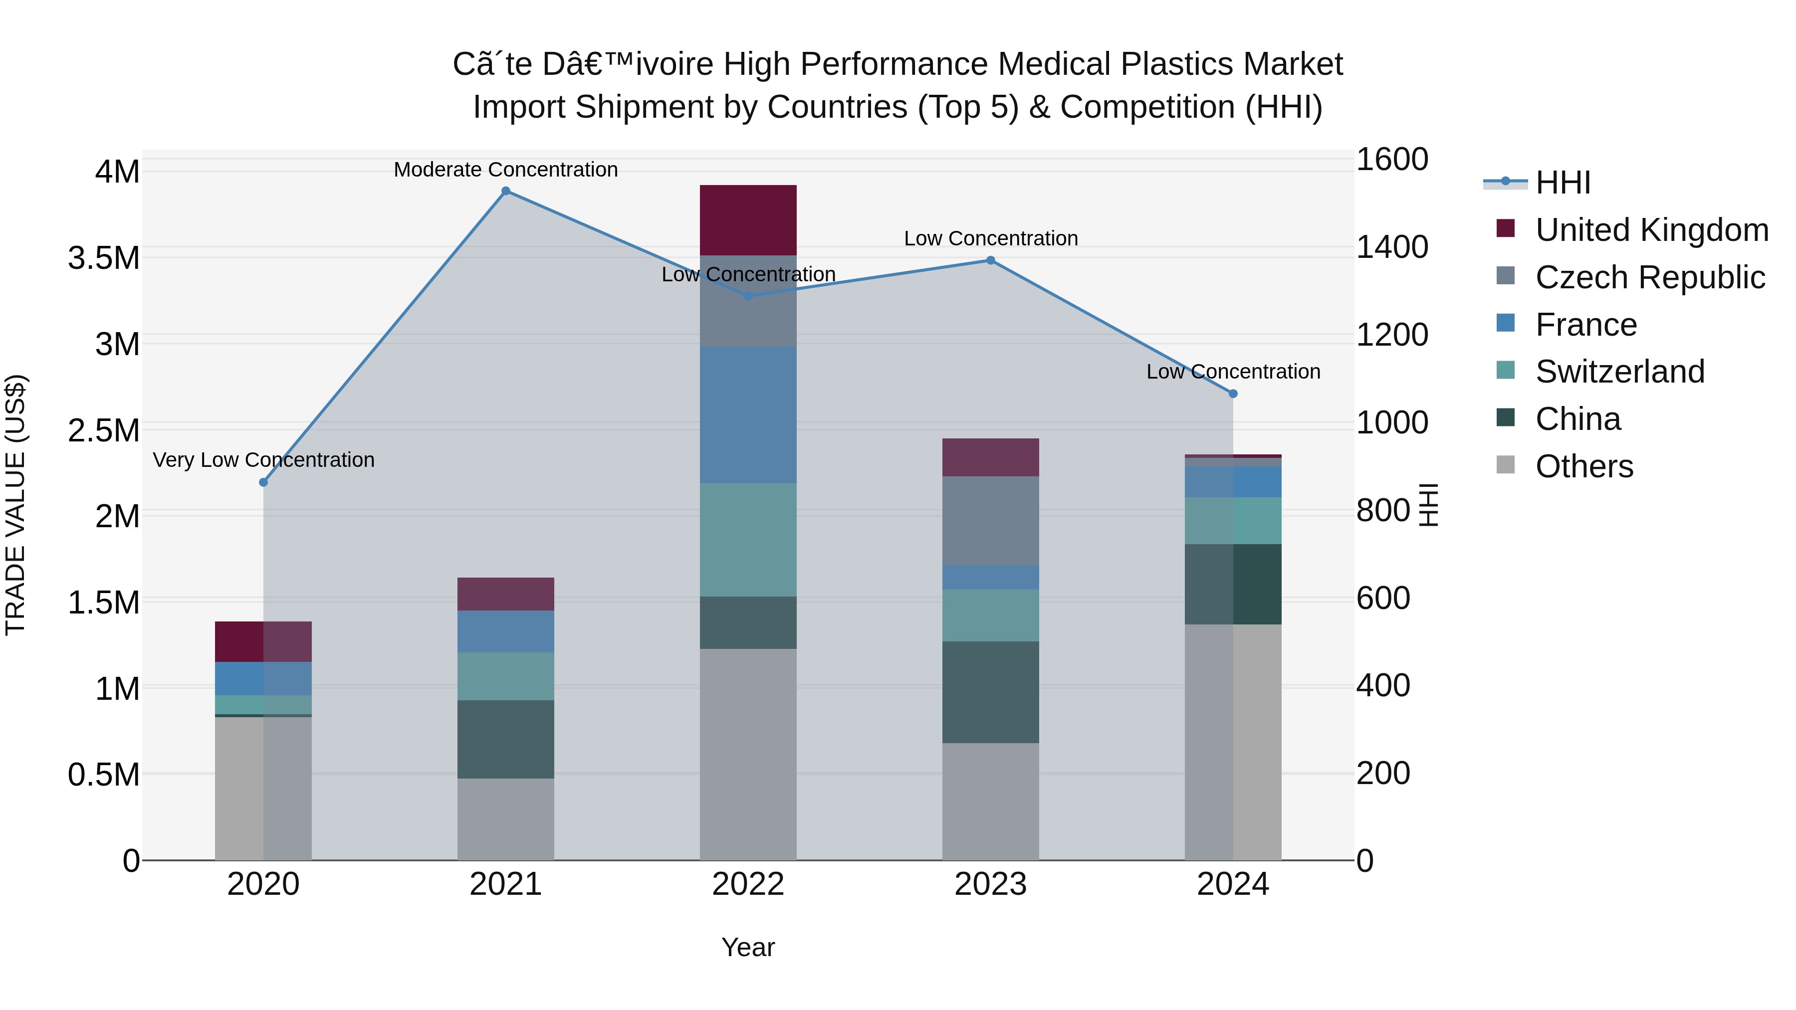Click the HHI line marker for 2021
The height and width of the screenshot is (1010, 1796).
(506, 191)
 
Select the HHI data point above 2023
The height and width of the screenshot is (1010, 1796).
(991, 261)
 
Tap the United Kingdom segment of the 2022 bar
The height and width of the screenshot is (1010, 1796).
(748, 220)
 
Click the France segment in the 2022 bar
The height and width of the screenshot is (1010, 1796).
(748, 415)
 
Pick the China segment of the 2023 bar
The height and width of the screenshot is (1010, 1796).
(991, 692)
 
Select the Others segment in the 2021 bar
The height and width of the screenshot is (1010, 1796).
(506, 819)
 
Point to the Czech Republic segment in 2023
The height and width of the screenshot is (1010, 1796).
(991, 521)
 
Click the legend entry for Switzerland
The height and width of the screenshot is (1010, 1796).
(1619, 372)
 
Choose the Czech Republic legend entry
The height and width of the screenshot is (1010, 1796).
(1650, 277)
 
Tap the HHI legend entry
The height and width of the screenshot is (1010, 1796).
(1563, 183)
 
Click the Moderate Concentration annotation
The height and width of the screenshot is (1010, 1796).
(506, 170)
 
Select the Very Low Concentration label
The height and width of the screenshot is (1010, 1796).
(263, 460)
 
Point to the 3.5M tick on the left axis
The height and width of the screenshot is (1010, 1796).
(104, 258)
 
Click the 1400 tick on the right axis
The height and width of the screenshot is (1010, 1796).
(1391, 247)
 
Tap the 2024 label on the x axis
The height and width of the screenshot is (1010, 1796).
(1233, 884)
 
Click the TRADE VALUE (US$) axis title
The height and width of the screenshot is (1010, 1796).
(16, 505)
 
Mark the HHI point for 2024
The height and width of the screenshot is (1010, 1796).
(1233, 394)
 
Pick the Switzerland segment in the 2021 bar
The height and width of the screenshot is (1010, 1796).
(506, 676)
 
